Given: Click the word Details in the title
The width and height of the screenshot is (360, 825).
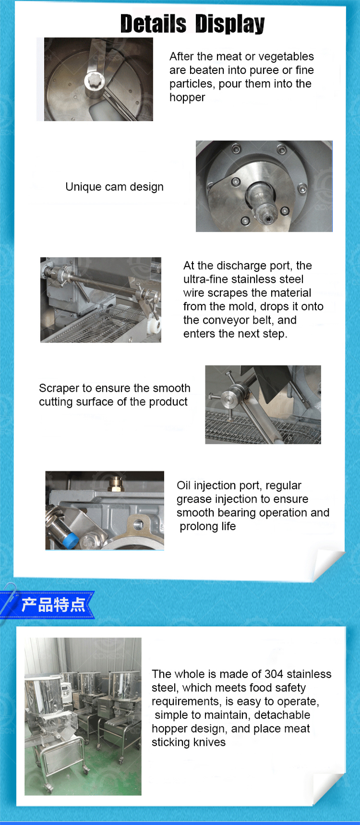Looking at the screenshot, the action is tap(153, 24).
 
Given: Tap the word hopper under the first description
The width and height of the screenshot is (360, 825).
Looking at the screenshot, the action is tap(187, 98).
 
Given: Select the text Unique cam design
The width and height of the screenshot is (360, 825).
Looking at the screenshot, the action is tap(114, 187).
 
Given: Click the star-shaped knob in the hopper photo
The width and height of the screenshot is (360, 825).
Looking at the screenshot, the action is tap(95, 80).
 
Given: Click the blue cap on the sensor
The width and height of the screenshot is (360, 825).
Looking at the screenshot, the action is tap(70, 540).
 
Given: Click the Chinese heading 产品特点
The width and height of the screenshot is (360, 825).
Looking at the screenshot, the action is tap(53, 605).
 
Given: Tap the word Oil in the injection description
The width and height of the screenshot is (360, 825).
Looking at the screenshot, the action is tap(184, 485).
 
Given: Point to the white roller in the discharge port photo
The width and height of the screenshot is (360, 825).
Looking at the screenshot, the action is tap(154, 315).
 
